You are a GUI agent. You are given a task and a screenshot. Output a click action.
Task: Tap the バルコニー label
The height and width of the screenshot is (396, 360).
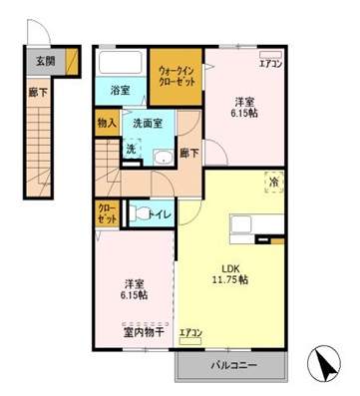(233, 366)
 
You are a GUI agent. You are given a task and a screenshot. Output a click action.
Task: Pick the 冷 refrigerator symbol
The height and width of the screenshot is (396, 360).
(271, 182)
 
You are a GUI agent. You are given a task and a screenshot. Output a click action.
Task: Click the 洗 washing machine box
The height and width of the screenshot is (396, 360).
(130, 149)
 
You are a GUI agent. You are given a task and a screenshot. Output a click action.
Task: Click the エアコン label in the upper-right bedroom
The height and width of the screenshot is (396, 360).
(270, 64)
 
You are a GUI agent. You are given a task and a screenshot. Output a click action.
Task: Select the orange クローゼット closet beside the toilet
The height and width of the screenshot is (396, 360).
(106, 212)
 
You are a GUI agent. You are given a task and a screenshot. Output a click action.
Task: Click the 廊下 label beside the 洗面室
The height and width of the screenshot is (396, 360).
(187, 153)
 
